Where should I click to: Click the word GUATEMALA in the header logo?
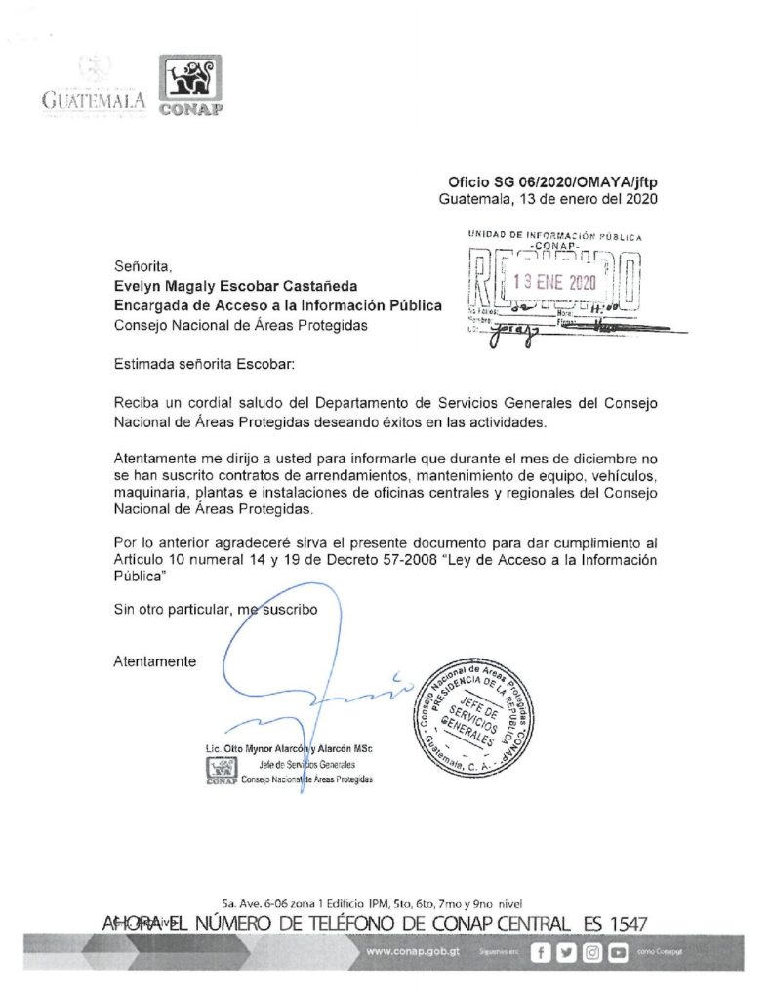pyautogui.click(x=94, y=100)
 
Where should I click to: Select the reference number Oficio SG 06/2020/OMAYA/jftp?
pyautogui.click(x=550, y=181)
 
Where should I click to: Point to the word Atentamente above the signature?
pyautogui.click(x=154, y=660)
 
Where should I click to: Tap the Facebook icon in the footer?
pyautogui.click(x=542, y=953)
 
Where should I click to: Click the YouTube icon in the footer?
pyautogui.click(x=617, y=953)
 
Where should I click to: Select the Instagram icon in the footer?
pyautogui.click(x=591, y=953)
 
